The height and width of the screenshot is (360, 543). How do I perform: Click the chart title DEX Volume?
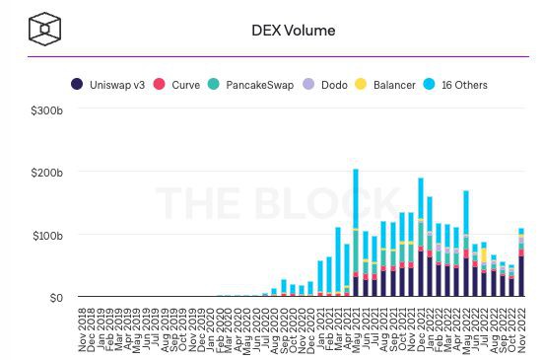coord(294,31)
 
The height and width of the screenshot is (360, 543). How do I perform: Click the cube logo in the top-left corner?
coord(45,30)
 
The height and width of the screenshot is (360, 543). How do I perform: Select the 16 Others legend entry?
coord(463,85)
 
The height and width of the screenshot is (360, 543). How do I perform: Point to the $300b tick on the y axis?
coord(47,110)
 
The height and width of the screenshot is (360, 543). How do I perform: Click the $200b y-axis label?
coord(47,173)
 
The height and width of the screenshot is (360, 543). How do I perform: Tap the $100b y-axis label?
coord(47,235)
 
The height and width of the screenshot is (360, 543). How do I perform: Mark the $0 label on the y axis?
coord(55,297)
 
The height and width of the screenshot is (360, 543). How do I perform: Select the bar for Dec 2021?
coord(421,238)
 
